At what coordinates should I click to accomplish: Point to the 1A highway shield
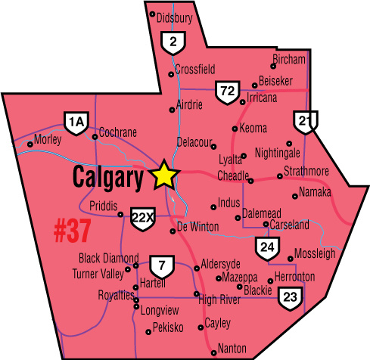pyautogui.click(x=74, y=123)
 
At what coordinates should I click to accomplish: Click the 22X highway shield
pyautogui.click(x=142, y=217)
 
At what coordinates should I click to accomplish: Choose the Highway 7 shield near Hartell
pyautogui.click(x=160, y=265)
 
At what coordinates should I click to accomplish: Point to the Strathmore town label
pyautogui.click(x=306, y=170)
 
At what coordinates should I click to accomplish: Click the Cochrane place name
pyautogui.click(x=118, y=132)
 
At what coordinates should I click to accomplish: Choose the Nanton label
pyautogui.click(x=232, y=348)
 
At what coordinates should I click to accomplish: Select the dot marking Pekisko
pyautogui.click(x=148, y=331)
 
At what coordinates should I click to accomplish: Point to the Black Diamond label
pyautogui.click(x=109, y=258)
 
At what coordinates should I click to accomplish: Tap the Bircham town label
pyautogui.click(x=288, y=60)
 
